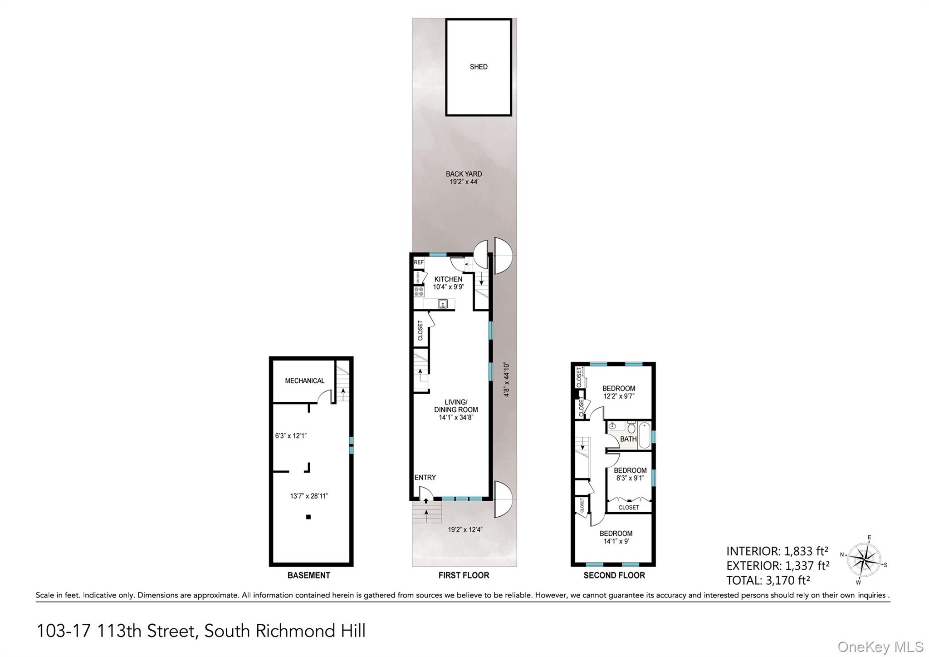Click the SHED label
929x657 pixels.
pyautogui.click(x=479, y=67)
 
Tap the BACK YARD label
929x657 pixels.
pyautogui.click(x=464, y=174)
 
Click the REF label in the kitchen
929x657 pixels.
pyautogui.click(x=419, y=262)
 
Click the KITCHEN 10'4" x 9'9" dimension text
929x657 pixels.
pyautogui.click(x=448, y=287)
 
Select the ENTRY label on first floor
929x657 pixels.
pyautogui.click(x=425, y=478)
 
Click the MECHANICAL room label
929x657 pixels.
pyautogui.click(x=304, y=381)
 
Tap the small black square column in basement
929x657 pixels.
pyautogui.click(x=308, y=517)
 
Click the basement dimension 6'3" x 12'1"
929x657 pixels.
pyautogui.click(x=291, y=436)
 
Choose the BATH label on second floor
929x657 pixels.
pyautogui.click(x=628, y=439)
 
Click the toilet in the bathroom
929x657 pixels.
pyautogui.click(x=631, y=428)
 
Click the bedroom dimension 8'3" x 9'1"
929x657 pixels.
pyautogui.click(x=630, y=478)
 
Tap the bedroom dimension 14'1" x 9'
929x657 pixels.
pyautogui.click(x=616, y=541)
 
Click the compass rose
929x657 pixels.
pyautogui.click(x=864, y=559)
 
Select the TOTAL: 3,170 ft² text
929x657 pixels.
pyautogui.click(x=768, y=580)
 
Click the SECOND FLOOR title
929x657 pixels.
pyautogui.click(x=614, y=575)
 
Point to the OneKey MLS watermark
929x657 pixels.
pyautogui.click(x=880, y=647)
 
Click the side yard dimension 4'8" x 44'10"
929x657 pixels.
pyautogui.click(x=507, y=380)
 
